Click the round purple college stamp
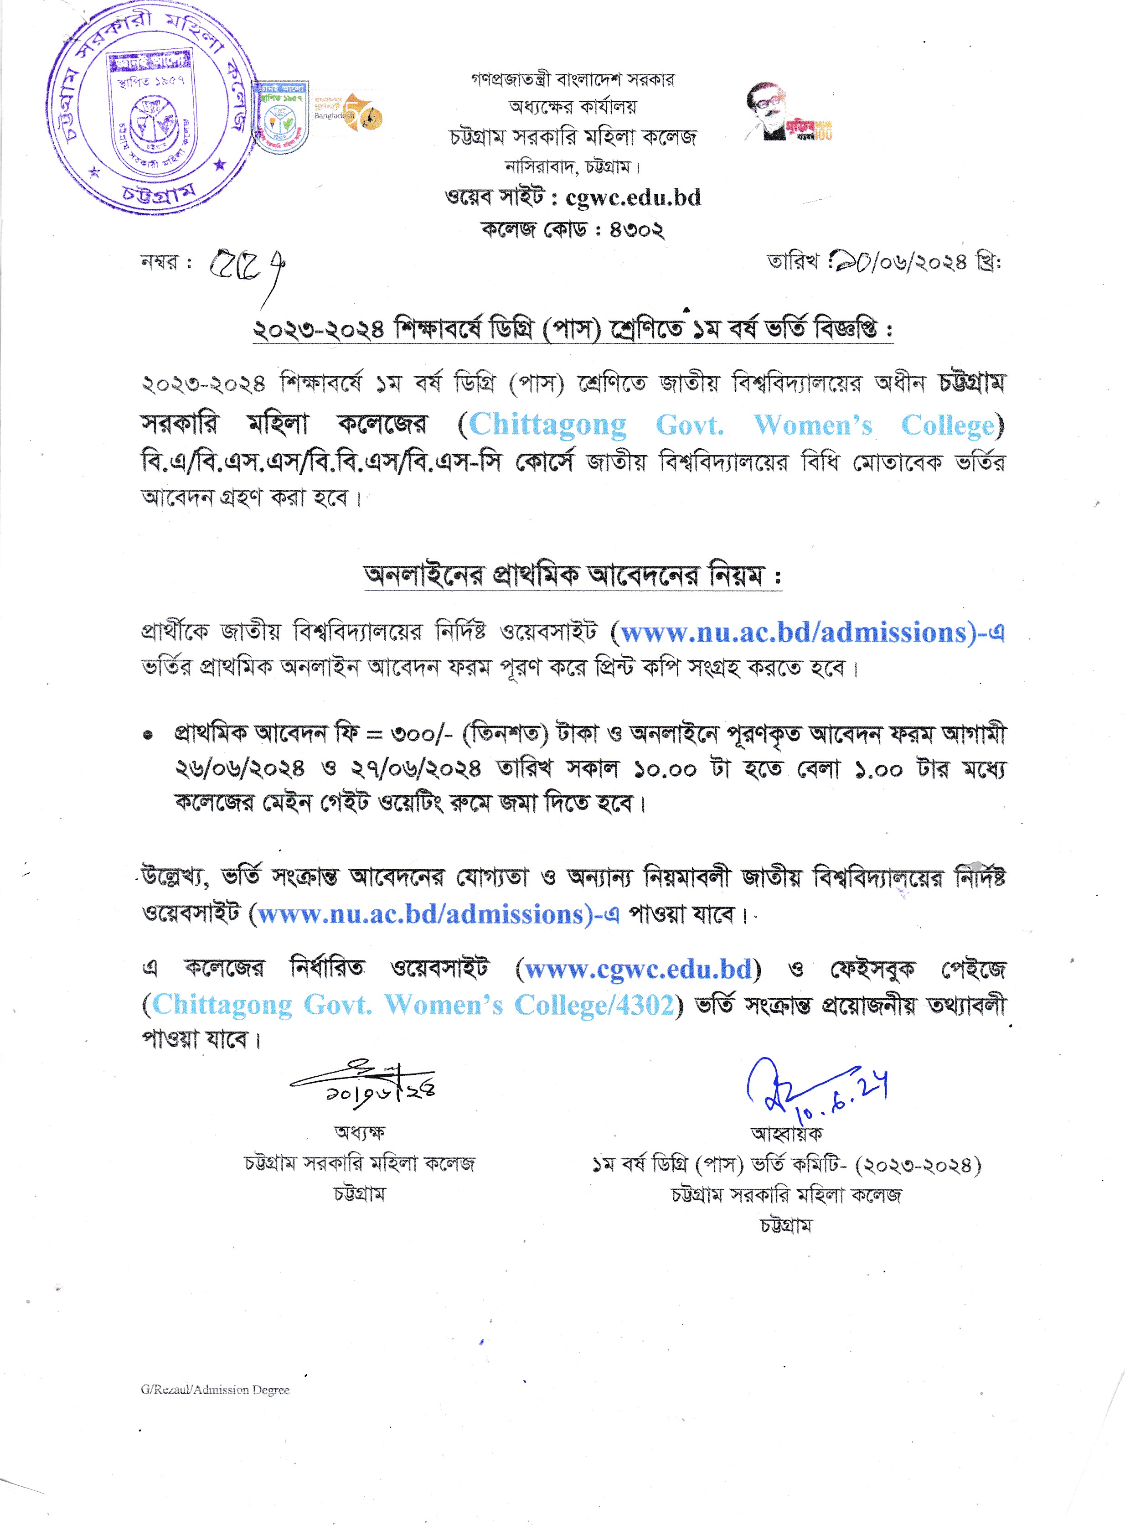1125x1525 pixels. click(151, 109)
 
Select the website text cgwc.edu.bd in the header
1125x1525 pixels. click(633, 197)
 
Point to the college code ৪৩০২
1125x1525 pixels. click(636, 229)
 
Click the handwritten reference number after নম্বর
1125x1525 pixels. click(245, 265)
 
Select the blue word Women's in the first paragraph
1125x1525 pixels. click(812, 425)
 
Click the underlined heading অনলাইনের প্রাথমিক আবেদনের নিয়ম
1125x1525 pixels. click(572, 576)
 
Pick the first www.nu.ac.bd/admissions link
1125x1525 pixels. click(793, 633)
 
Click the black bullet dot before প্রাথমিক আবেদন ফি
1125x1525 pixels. click(148, 736)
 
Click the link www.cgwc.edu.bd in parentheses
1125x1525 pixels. click(638, 969)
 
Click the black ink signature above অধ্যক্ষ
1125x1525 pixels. click(364, 1083)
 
